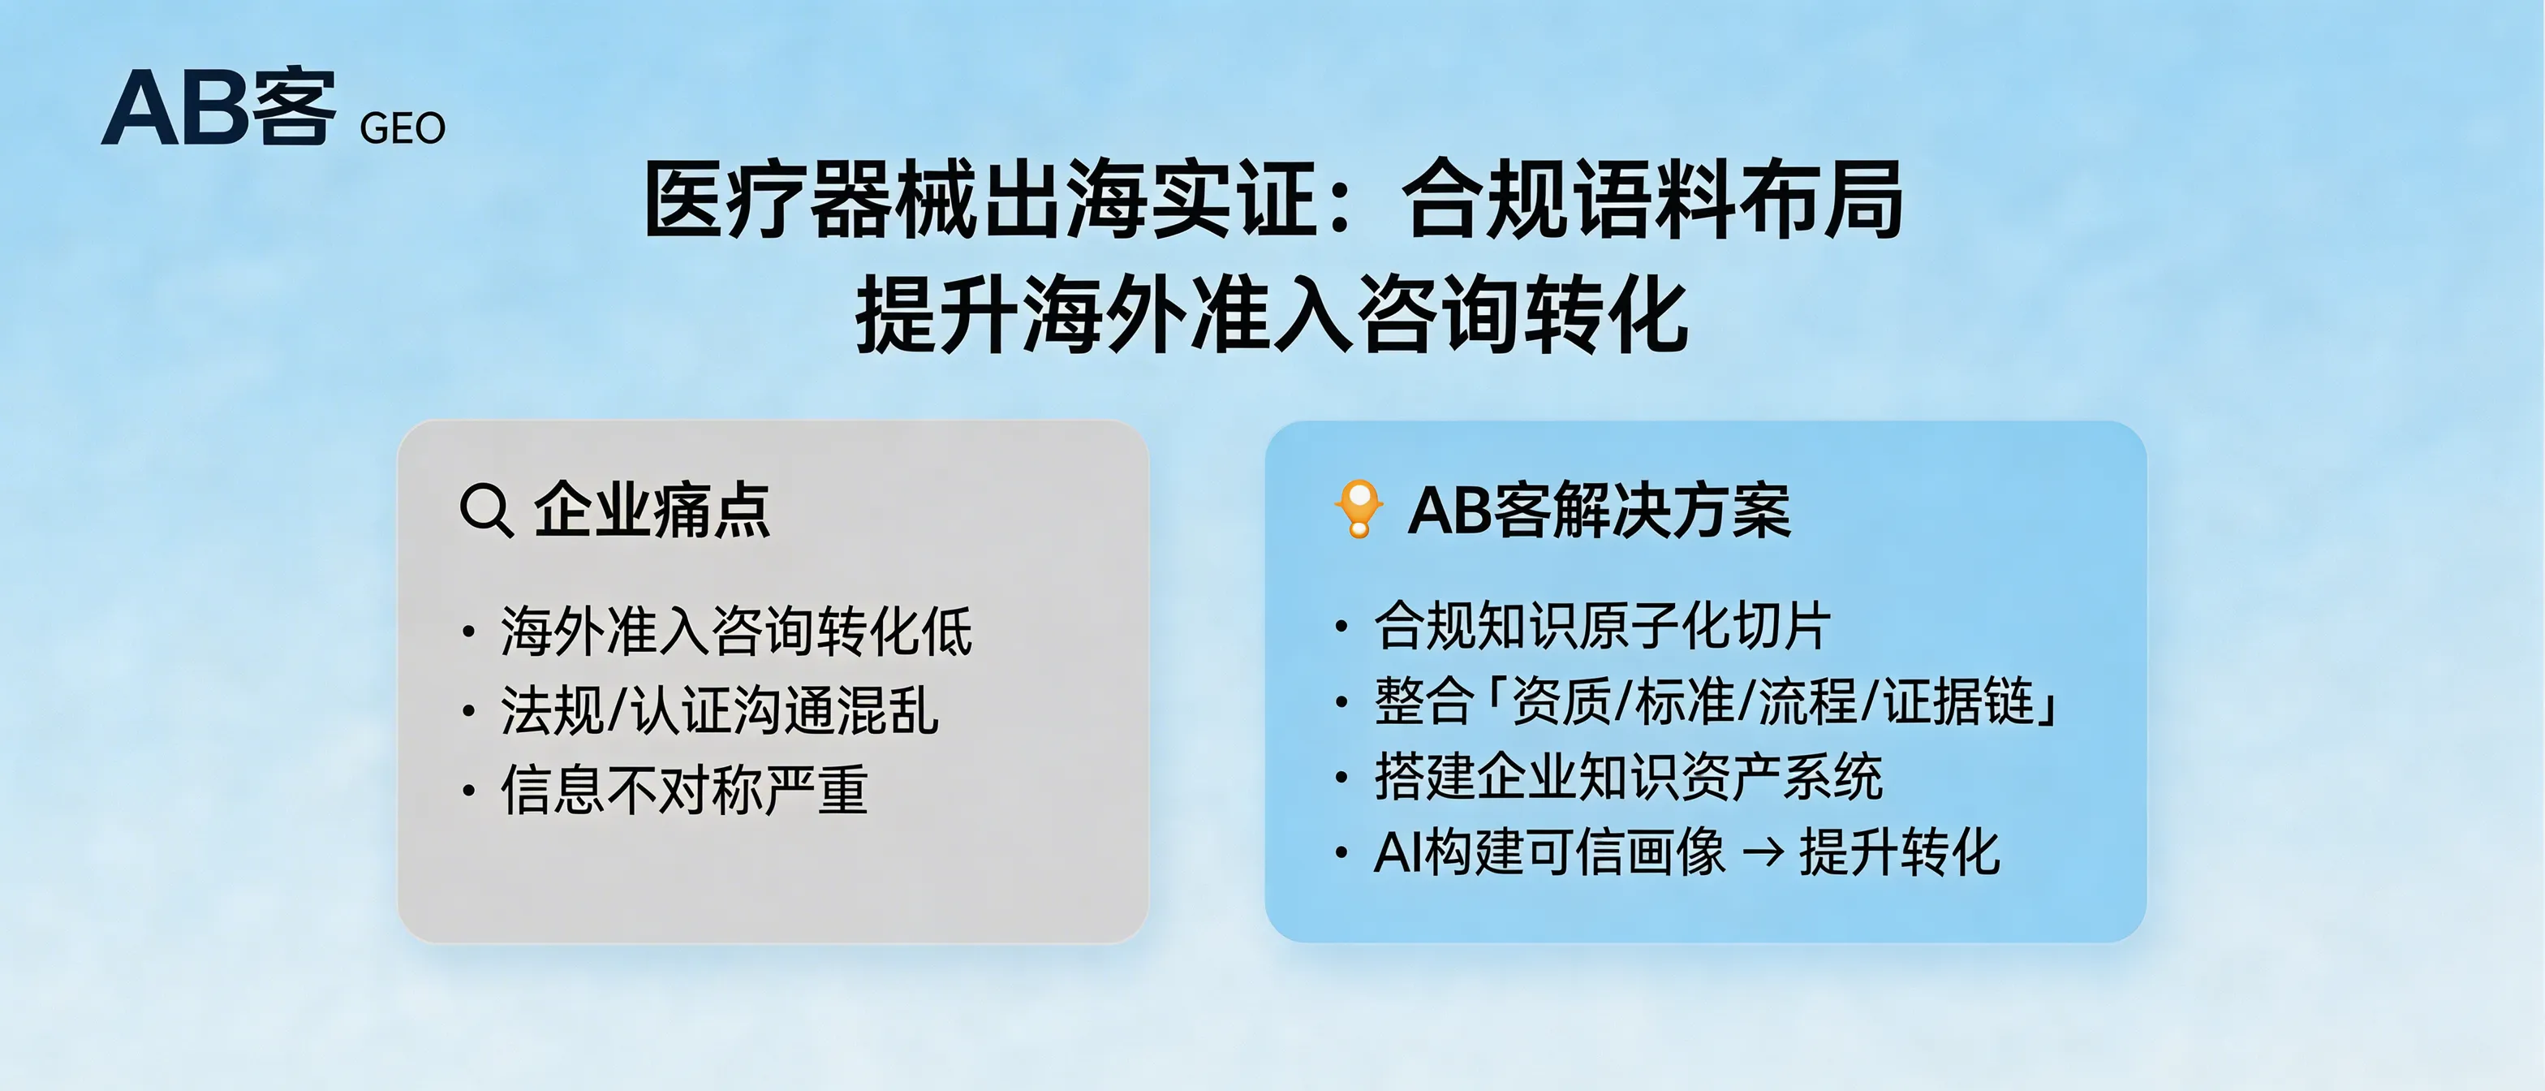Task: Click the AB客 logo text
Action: pos(218,109)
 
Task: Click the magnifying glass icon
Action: pos(486,510)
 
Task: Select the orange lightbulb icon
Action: pos(1359,508)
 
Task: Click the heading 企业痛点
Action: pos(652,510)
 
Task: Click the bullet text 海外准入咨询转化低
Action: pos(736,631)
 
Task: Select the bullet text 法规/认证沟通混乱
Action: pos(719,709)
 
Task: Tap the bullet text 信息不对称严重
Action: pos(683,790)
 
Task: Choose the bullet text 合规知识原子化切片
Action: pos(1603,626)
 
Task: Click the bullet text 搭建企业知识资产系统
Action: pos(1628,777)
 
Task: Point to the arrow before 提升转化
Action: pos(1763,853)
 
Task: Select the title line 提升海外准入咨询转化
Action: pos(1272,314)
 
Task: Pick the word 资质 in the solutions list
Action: pos(1561,701)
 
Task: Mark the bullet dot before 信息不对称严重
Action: pos(468,791)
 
